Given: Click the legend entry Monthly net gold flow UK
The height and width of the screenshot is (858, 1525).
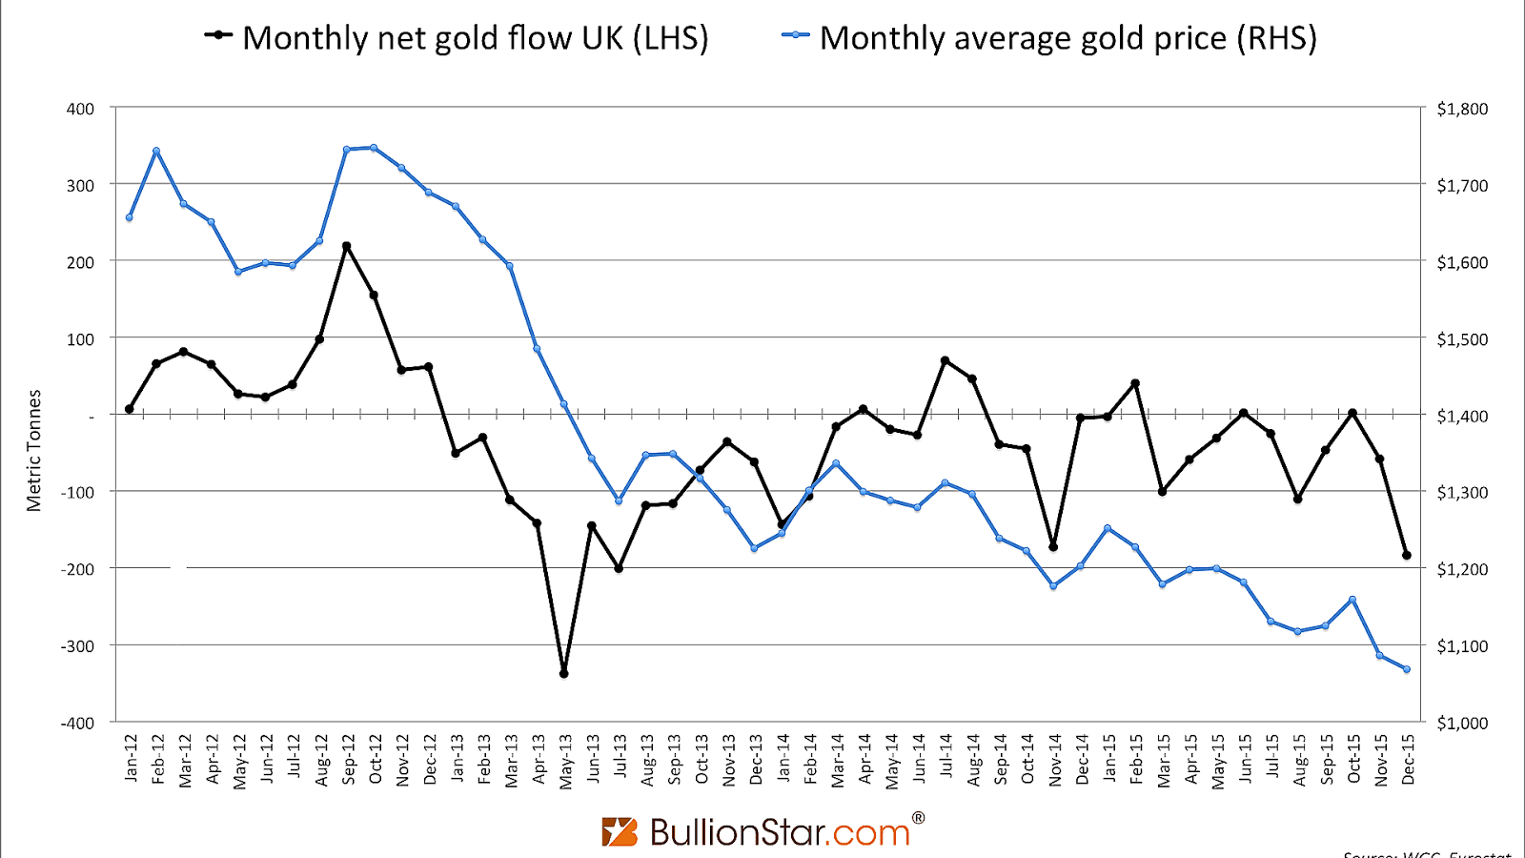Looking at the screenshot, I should (457, 38).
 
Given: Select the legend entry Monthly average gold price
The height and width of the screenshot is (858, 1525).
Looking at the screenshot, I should (1048, 38).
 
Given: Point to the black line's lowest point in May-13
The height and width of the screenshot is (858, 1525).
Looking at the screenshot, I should (563, 673).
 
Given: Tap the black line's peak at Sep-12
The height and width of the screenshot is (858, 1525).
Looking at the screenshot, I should (346, 246).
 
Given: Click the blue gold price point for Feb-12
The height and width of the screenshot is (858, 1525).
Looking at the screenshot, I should (156, 151).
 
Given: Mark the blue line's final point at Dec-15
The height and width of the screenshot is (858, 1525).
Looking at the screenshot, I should (1406, 669).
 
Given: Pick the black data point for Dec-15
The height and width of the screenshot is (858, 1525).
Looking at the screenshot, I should (1406, 555).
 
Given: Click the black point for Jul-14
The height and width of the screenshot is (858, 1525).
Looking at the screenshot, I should (945, 360).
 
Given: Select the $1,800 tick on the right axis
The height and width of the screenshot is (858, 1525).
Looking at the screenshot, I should (1462, 109).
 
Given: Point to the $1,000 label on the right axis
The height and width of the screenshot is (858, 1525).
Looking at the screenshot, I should (1462, 723).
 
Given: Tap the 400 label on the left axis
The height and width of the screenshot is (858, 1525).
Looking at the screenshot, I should (81, 109).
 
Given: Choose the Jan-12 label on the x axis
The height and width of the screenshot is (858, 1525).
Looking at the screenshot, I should (131, 759).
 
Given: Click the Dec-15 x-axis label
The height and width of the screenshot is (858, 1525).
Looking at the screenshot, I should (1408, 759).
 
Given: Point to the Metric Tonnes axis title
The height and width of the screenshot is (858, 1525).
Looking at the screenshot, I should (34, 450).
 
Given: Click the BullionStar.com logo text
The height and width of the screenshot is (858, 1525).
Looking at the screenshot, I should (780, 832).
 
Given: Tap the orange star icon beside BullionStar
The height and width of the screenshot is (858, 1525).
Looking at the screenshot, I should (620, 831).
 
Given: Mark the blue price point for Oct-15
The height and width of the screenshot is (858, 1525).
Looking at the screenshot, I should (1352, 600).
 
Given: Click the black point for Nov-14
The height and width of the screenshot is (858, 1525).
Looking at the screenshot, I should (1053, 546).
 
